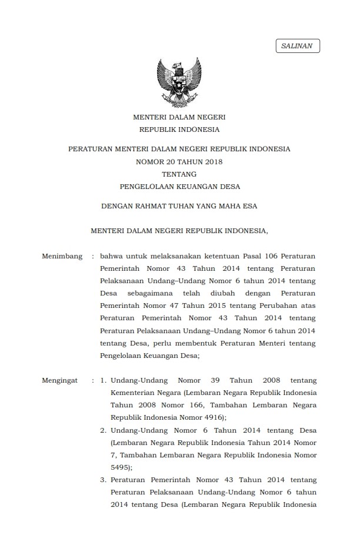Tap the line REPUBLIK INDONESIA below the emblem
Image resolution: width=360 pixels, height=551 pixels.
pyautogui.click(x=179, y=130)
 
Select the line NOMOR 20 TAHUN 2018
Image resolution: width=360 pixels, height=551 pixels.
pyautogui.click(x=179, y=161)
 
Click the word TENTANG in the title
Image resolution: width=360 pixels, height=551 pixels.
pyautogui.click(x=179, y=174)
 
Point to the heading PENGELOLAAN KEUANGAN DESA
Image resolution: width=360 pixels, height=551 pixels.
pyautogui.click(x=179, y=187)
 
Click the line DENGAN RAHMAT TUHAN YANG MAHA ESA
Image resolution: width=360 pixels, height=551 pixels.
pyautogui.click(x=179, y=206)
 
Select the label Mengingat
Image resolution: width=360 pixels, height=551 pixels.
pyautogui.click(x=60, y=380)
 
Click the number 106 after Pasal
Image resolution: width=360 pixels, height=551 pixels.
pyautogui.click(x=271, y=256)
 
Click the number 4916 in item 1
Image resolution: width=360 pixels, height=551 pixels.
pyautogui.click(x=192, y=417)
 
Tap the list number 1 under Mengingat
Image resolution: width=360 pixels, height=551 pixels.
pyautogui.click(x=103, y=380)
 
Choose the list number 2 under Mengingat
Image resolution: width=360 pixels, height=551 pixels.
pyautogui.click(x=103, y=430)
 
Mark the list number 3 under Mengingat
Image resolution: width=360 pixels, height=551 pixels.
pyautogui.click(x=103, y=480)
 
